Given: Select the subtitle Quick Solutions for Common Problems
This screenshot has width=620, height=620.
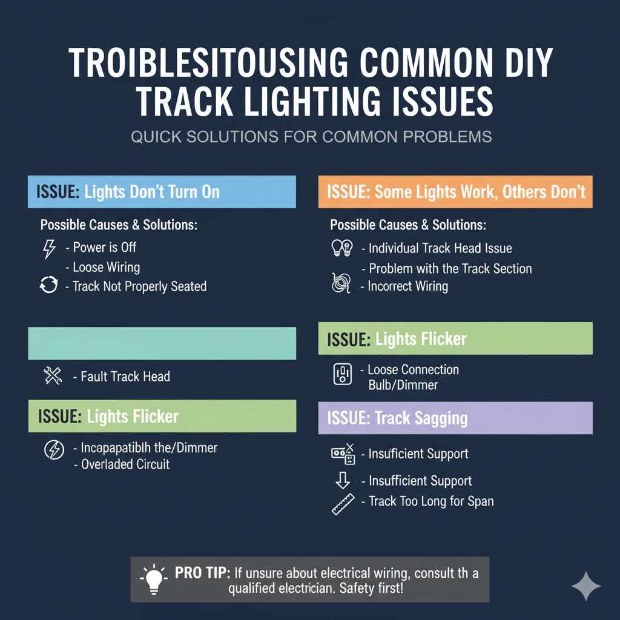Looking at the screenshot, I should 311,136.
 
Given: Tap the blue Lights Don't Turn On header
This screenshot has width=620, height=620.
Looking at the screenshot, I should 162,193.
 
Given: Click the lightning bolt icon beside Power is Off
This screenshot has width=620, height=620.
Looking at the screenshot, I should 49,248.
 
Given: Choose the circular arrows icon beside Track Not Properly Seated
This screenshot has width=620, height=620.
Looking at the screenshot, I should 48,286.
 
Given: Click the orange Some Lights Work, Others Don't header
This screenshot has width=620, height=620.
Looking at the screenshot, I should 455,193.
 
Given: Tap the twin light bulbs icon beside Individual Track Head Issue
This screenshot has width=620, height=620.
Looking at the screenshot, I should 342,248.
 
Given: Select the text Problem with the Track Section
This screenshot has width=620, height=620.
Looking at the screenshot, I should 450,268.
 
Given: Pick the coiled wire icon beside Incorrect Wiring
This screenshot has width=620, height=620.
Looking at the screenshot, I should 341,283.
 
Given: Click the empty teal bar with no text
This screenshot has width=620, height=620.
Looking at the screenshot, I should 162,343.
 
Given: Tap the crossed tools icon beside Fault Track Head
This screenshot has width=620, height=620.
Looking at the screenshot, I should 53,377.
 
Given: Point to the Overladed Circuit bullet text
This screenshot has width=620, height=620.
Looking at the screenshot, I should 125,465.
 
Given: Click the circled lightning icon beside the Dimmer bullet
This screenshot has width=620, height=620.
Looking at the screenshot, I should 54,449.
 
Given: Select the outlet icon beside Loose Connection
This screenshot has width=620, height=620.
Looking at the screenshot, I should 342,374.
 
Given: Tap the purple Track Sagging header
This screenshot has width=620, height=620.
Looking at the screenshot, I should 455,418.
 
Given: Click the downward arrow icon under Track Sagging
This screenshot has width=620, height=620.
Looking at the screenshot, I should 343,481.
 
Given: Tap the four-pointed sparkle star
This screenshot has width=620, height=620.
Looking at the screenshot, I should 586,585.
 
